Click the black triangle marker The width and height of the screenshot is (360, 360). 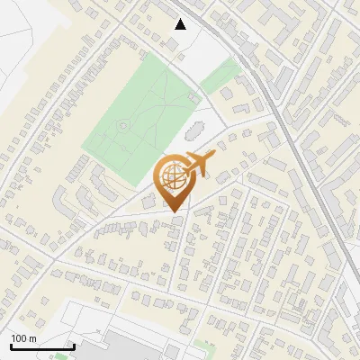[x=181, y=24]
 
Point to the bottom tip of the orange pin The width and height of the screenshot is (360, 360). [x=173, y=211]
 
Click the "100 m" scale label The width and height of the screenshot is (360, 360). [x=23, y=338]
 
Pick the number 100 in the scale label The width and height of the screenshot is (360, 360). [x=19, y=338]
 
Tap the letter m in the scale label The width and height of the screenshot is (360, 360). [x=32, y=338]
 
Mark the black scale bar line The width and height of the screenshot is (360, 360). [x=41, y=346]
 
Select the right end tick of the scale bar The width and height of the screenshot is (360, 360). [x=73, y=345]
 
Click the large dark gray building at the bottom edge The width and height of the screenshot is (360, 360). [x=144, y=349]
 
